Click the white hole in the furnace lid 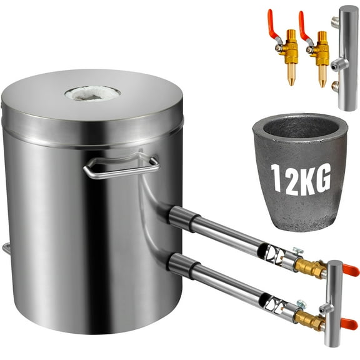(x=92, y=93)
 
